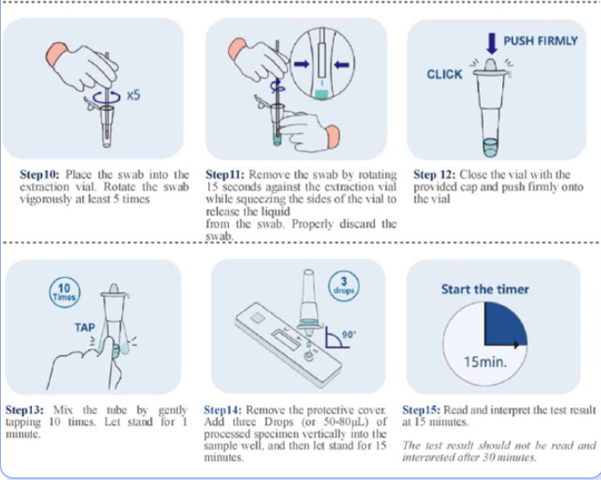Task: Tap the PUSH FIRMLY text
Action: [x=540, y=41]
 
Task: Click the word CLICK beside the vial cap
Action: [x=444, y=74]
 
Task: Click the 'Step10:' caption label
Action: [x=40, y=175]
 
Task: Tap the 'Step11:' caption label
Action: [x=226, y=175]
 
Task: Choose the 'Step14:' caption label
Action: [x=226, y=411]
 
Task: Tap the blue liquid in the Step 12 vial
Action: [x=490, y=146]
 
